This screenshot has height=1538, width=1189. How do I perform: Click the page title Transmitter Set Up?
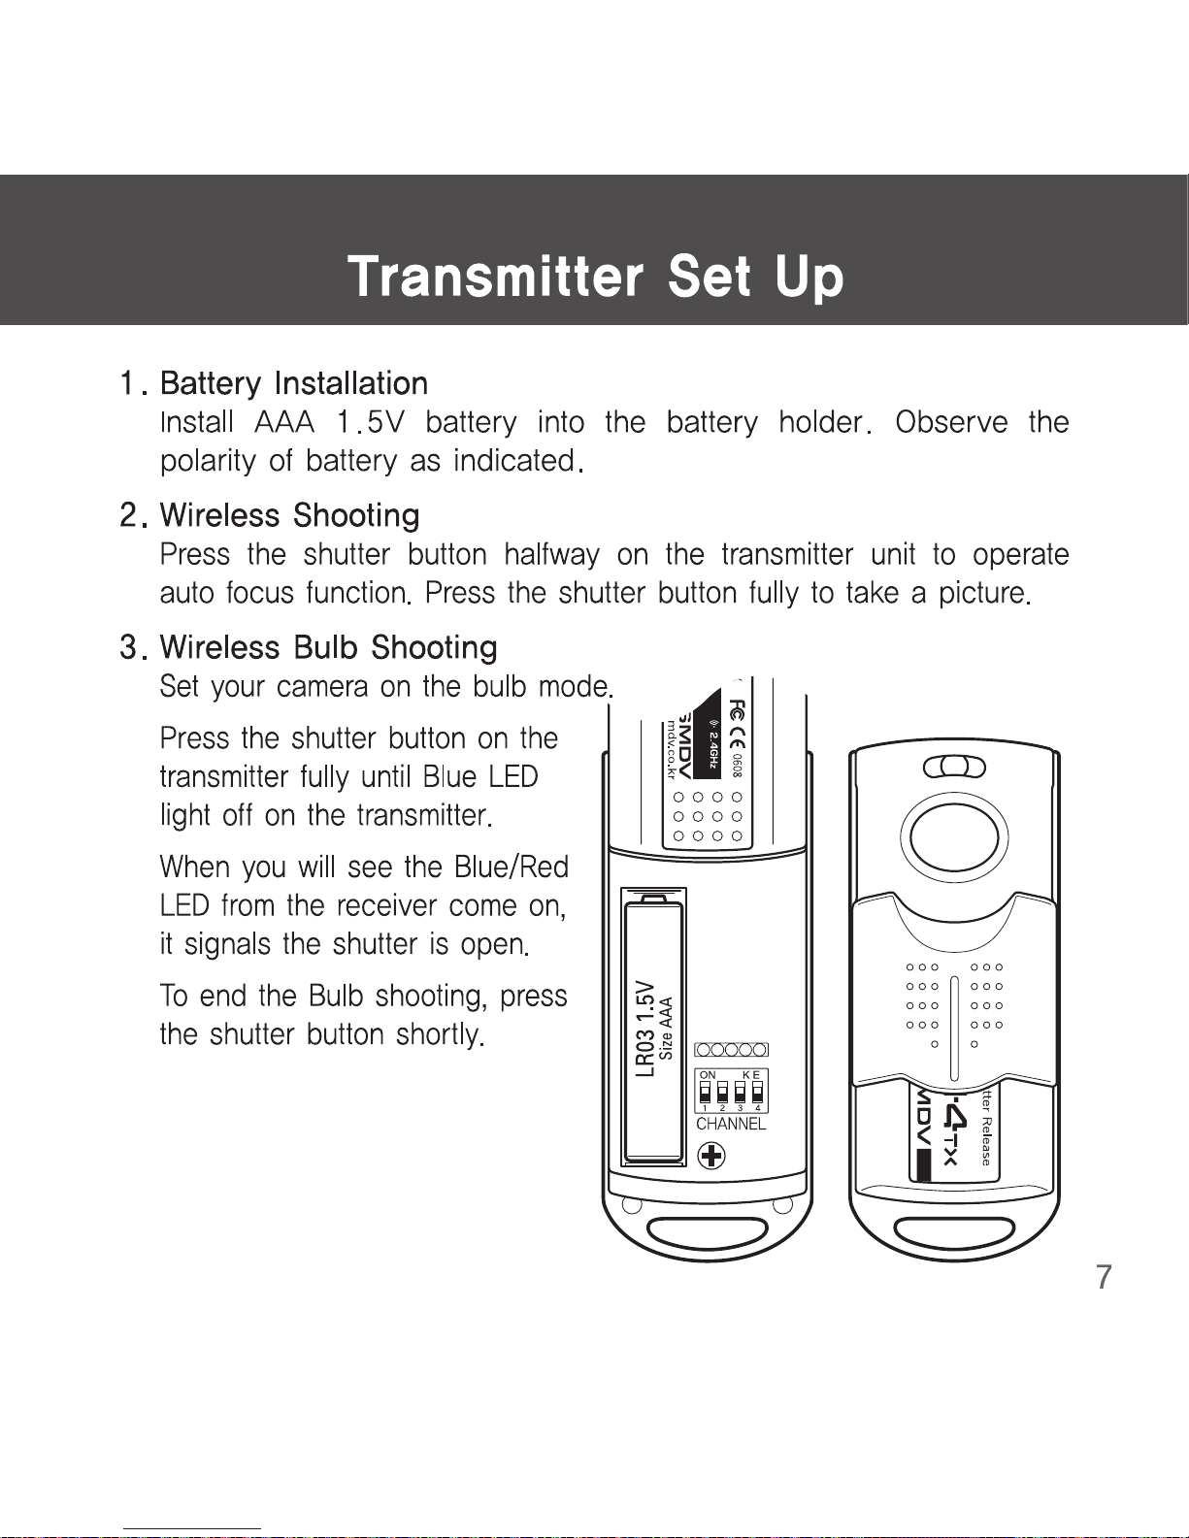595,277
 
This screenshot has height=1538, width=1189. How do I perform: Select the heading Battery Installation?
294,384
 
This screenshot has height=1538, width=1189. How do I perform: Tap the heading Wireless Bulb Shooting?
328,647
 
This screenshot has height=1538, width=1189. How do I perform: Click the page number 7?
1104,1277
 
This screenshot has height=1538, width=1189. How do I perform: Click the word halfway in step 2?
551,554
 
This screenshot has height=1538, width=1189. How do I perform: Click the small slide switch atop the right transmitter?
954,768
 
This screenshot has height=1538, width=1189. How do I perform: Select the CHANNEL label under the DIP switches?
731,1124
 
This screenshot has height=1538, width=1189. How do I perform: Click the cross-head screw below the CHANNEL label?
711,1157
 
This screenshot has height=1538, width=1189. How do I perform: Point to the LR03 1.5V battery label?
644,1029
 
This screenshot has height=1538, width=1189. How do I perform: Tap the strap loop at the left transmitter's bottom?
707,1233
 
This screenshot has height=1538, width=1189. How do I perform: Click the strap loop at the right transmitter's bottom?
954,1233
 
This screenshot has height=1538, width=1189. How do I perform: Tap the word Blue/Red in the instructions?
511,867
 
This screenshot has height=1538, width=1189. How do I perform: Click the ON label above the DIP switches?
708,1074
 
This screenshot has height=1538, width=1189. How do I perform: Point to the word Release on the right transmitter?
986,1140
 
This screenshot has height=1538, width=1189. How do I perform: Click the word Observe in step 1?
951,422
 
